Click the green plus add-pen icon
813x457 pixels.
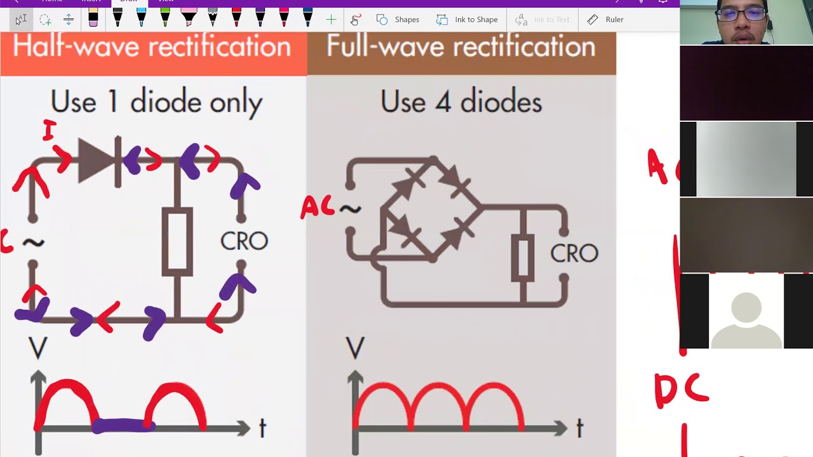(331, 20)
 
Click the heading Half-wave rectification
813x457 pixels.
(151, 47)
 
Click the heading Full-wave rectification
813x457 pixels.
(460, 47)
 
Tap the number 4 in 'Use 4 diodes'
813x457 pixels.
(443, 102)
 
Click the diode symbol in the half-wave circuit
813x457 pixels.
(99, 161)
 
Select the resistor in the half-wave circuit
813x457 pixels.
(177, 242)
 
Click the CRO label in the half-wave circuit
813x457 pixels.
(244, 241)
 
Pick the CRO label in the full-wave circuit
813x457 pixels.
(574, 253)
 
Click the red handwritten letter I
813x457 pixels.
(49, 130)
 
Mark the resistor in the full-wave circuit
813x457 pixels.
(522, 257)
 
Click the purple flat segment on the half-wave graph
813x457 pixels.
(123, 425)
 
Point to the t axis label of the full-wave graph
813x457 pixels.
(579, 428)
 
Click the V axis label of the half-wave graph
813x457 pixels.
(37, 348)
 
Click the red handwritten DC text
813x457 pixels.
(681, 389)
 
